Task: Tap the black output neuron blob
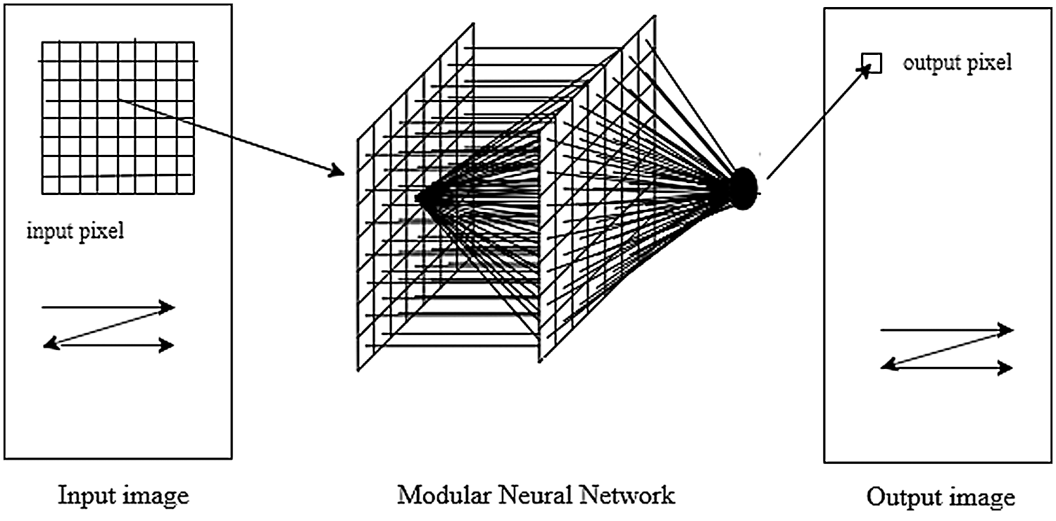[742, 189]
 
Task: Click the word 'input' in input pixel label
[47, 232]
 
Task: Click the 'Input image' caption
[124, 496]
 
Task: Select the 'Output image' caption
[941, 498]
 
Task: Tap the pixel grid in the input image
[118, 118]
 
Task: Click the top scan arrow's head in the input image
[168, 307]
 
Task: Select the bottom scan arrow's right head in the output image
[1007, 368]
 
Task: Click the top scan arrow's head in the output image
[1007, 329]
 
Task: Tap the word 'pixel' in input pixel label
[101, 232]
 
